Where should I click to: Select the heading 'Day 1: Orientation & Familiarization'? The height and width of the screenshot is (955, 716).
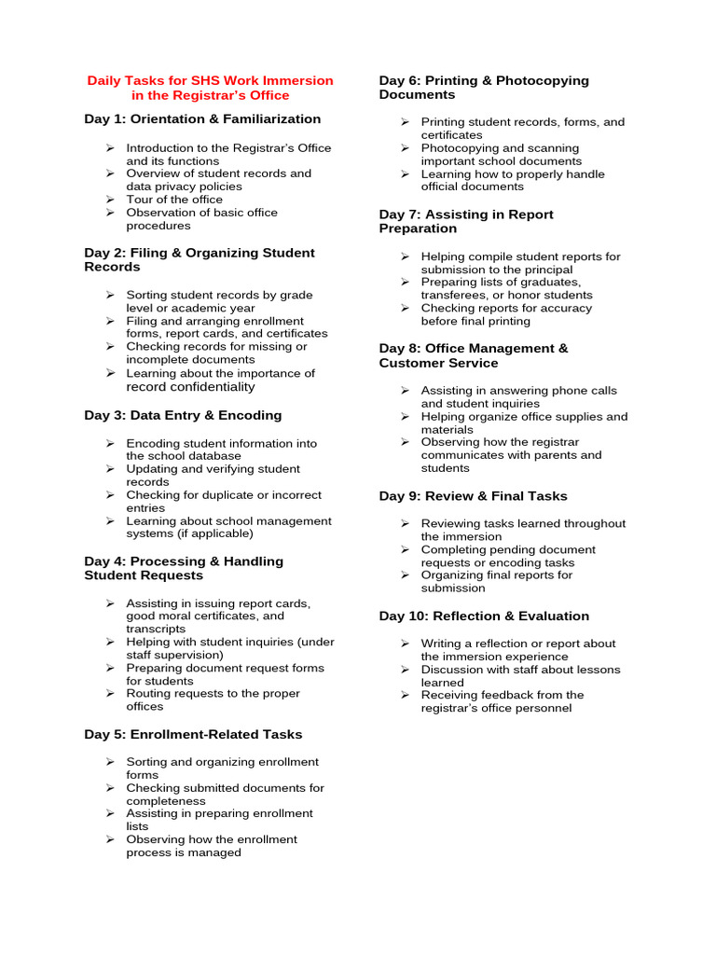[x=202, y=119]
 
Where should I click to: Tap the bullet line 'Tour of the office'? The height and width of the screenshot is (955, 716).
[x=174, y=200]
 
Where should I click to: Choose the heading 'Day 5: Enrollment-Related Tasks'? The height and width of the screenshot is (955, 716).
[x=193, y=734]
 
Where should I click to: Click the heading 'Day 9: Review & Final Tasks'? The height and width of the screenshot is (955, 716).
[x=473, y=496]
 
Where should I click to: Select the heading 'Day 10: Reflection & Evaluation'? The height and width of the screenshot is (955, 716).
[x=484, y=616]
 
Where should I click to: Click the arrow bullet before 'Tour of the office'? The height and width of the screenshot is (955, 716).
[x=109, y=200]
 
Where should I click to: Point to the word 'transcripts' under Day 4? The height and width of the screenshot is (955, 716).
[x=156, y=630]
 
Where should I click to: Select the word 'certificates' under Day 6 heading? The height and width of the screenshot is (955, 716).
[x=452, y=135]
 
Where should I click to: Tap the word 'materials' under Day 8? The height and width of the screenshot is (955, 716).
[x=447, y=430]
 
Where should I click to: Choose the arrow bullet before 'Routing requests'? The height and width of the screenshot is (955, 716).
[x=109, y=694]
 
